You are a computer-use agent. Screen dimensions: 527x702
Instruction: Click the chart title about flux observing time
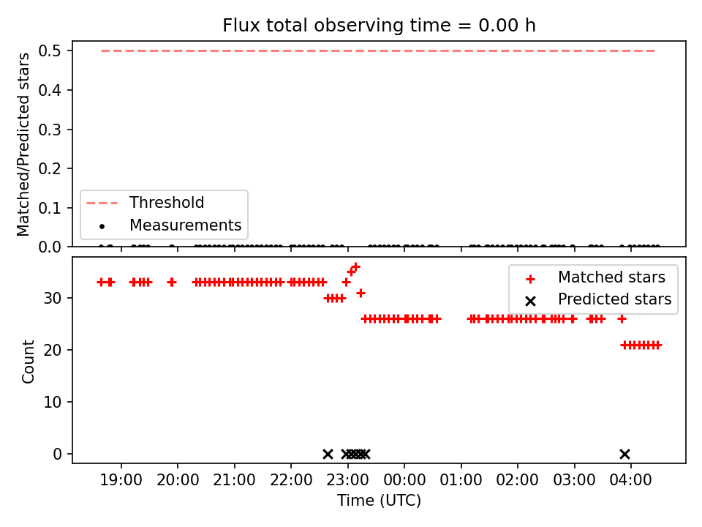point(379,26)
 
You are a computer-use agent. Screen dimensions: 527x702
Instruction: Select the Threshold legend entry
point(167,203)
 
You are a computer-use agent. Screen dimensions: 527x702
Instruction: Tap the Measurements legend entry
point(185,225)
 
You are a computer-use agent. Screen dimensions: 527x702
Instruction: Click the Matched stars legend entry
point(611,277)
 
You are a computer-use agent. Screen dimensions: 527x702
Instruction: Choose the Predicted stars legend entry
point(614,299)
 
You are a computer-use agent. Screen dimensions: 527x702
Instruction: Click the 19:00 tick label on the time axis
point(121,482)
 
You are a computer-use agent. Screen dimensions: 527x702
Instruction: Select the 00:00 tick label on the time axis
point(404,482)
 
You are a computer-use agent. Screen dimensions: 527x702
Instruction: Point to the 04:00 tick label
point(631,482)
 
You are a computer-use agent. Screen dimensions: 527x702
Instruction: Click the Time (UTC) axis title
point(379,501)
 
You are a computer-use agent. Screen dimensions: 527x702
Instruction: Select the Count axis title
point(29,361)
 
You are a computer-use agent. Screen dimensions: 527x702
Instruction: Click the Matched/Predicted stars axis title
point(23,144)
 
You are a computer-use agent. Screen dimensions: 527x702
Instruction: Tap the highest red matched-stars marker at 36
point(355,267)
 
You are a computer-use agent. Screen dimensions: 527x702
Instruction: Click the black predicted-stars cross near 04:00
point(624,454)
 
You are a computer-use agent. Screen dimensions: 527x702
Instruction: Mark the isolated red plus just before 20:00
point(172,282)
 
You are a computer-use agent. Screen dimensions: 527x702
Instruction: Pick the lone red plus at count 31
point(361,293)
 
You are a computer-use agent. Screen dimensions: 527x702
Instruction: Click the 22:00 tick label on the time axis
point(291,482)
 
